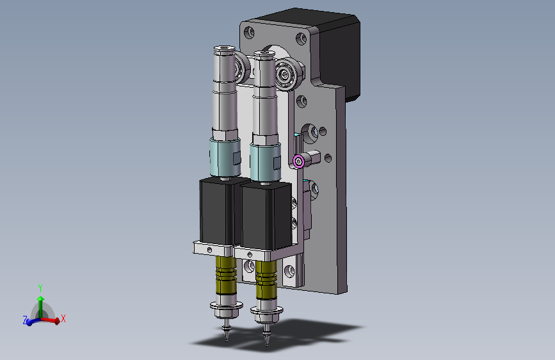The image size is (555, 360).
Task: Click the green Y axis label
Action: (40, 288)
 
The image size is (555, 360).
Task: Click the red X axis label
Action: (63, 318)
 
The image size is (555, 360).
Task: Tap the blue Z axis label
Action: (25, 320)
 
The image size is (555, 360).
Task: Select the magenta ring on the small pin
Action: (299, 161)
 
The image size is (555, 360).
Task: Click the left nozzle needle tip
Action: (227, 341)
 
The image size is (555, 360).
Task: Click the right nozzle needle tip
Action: (267, 345)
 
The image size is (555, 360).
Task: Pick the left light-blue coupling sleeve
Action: (225, 158)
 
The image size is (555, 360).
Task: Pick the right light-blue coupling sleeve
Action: (266, 162)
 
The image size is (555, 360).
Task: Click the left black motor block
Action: (216, 212)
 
